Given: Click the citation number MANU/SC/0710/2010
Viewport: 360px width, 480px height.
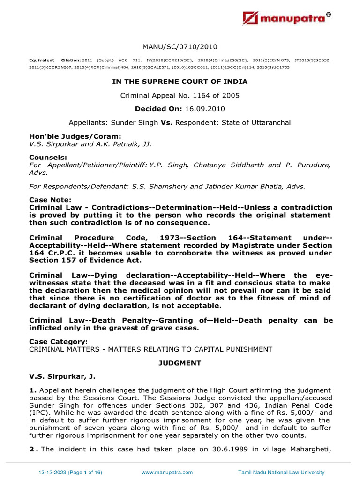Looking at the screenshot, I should coord(180,47).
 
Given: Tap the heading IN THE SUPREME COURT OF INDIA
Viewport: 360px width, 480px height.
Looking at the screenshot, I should coord(180,82).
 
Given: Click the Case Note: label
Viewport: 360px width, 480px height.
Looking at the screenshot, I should coord(50,200).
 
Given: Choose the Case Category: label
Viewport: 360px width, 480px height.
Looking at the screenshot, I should coord(58,342).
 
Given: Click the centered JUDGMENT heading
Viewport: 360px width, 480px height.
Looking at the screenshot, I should coord(180,363).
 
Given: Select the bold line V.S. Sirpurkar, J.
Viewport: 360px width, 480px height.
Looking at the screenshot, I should coord(63,376).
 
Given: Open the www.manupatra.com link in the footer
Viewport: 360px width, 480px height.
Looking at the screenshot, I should coord(167,472).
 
